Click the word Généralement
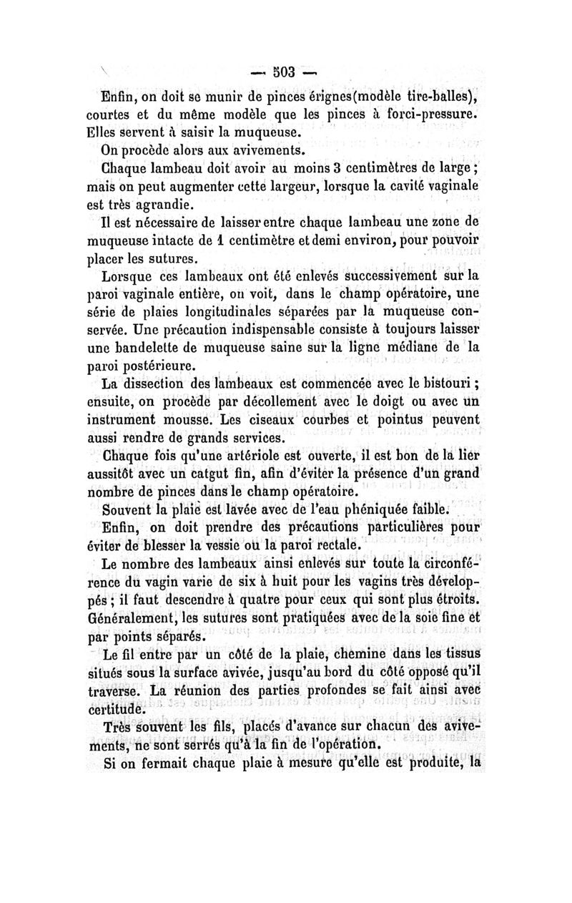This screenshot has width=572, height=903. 129,617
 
